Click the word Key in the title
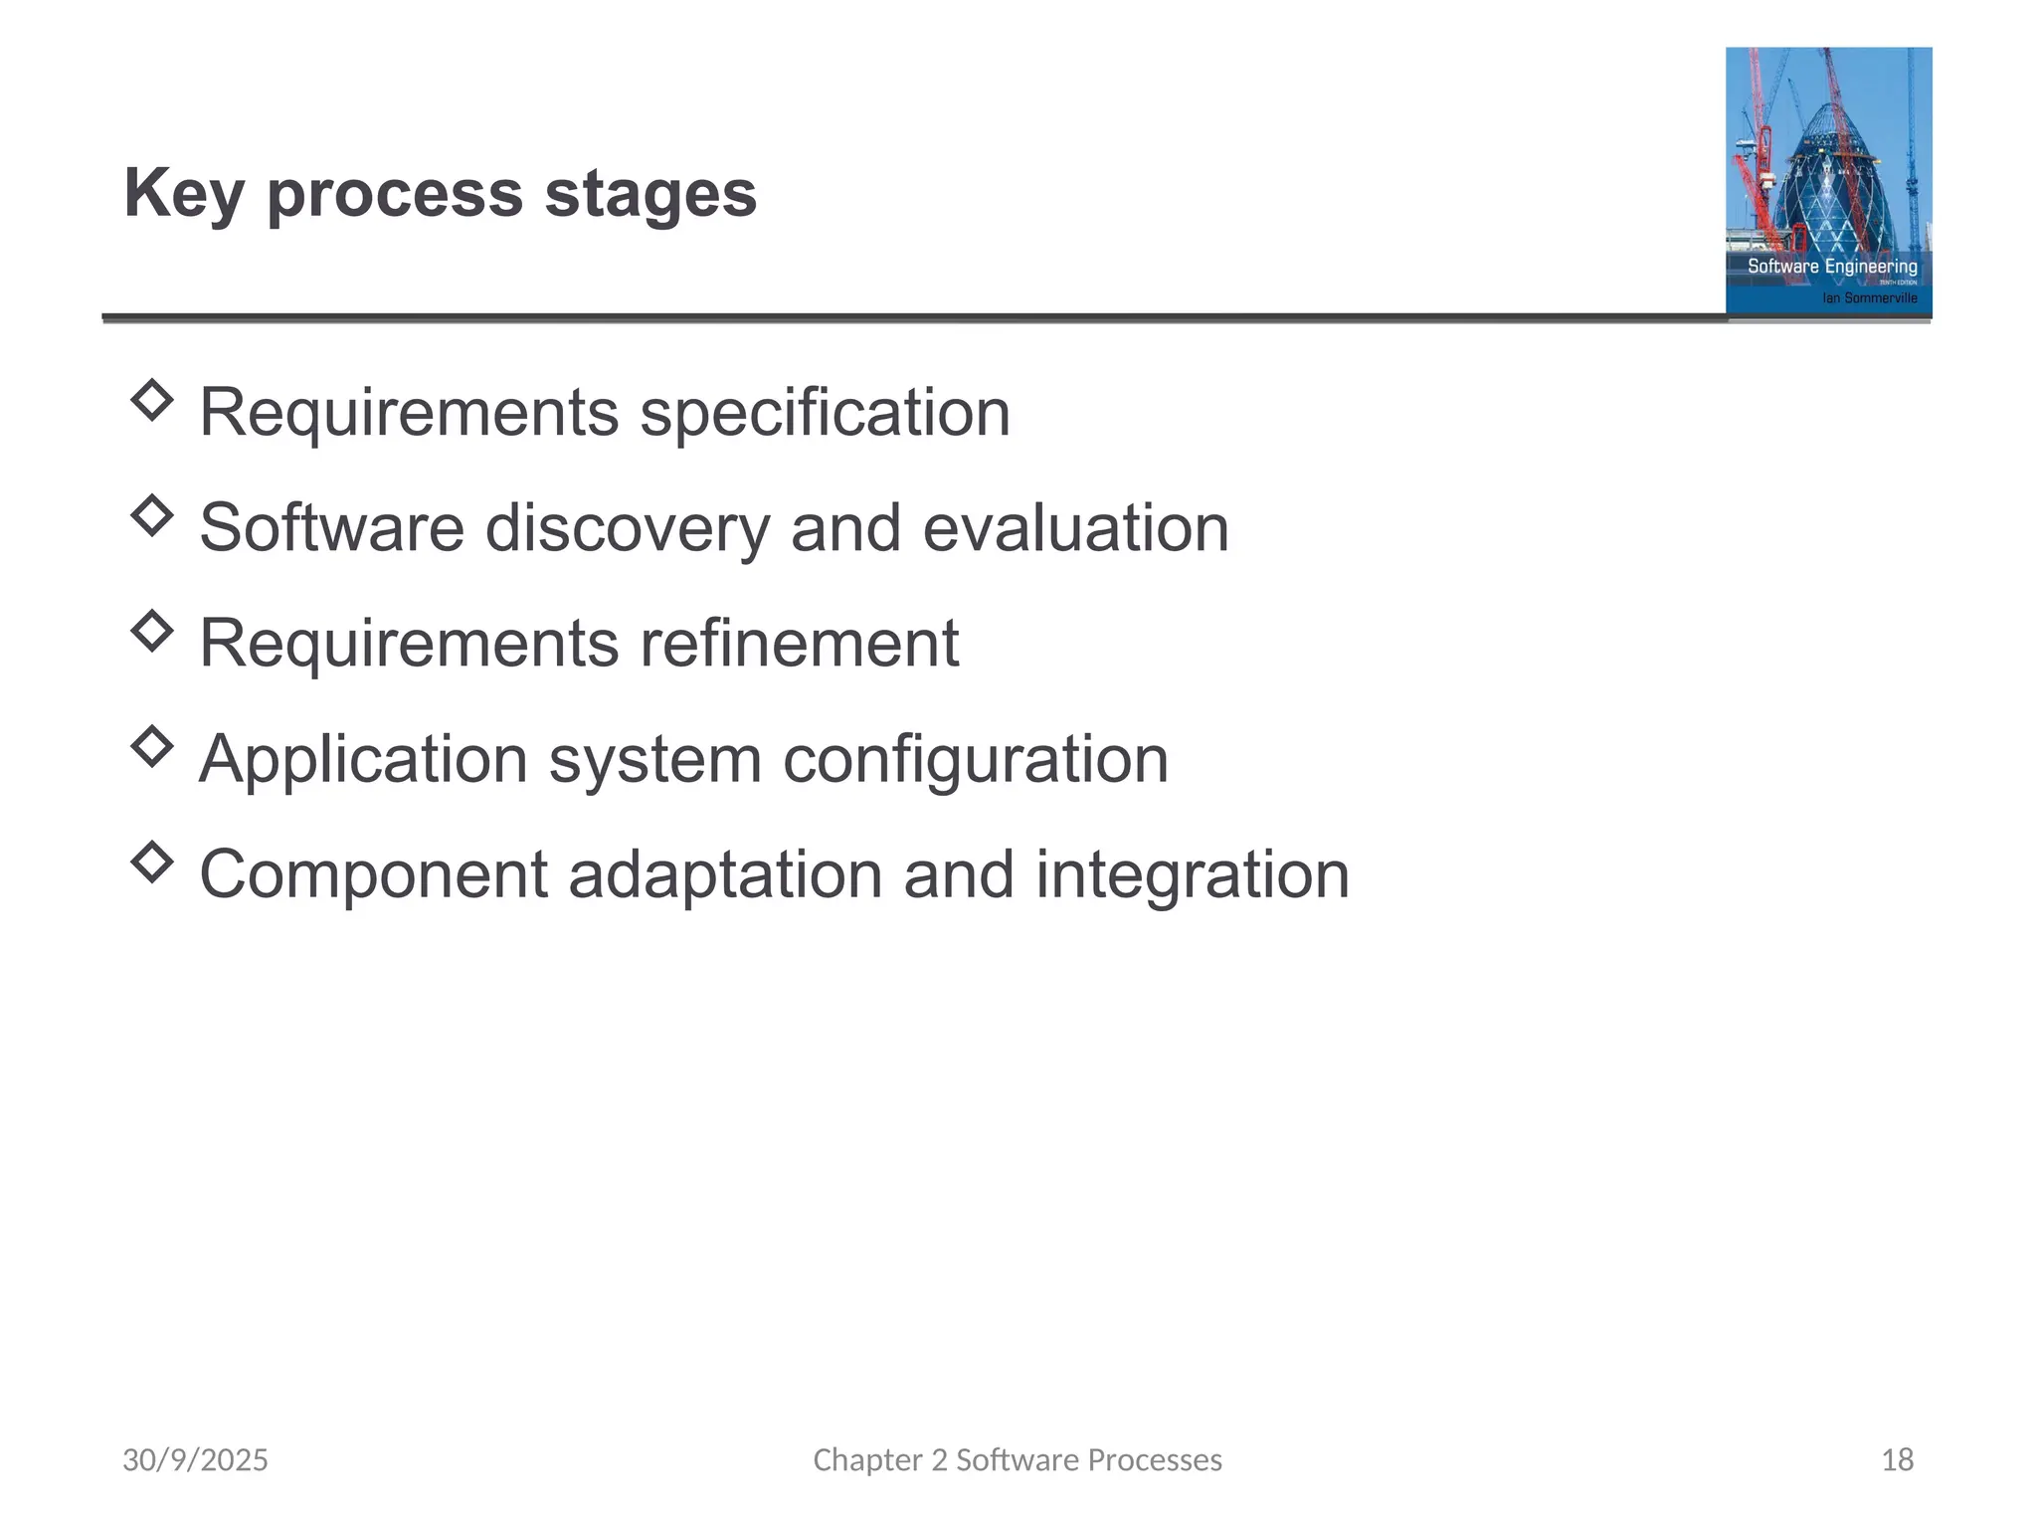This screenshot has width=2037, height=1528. point(183,193)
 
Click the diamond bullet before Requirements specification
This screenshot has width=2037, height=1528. point(151,400)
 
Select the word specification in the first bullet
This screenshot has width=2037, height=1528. point(825,412)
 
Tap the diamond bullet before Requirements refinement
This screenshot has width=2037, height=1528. point(151,631)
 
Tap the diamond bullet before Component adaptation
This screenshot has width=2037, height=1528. point(151,861)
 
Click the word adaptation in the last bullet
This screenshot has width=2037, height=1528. point(725,875)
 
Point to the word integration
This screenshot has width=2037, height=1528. point(1192,875)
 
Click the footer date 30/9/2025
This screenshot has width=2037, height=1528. point(195,1459)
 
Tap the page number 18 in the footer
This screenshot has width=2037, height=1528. point(1897,1459)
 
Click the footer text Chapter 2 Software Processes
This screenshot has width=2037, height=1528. point(1018,1459)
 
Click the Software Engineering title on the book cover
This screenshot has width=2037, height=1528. point(1832,266)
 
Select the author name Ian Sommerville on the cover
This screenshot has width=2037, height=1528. point(1869,297)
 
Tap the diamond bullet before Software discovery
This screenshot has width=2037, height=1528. point(151,515)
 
